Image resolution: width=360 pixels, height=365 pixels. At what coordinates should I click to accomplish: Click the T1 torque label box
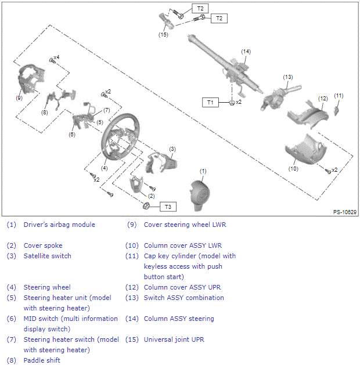pos(210,102)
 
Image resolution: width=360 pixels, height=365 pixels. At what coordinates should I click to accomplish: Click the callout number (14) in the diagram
pos(246,52)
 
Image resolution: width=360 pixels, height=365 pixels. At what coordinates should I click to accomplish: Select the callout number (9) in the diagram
pos(19,98)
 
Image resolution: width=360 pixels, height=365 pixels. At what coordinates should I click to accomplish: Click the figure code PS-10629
pos(345,213)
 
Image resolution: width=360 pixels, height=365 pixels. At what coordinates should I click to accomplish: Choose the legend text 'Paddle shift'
pos(42,360)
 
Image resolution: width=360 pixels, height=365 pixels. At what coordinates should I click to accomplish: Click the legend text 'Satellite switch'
pos(47,256)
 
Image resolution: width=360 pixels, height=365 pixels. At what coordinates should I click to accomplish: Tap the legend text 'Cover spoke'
pos(42,245)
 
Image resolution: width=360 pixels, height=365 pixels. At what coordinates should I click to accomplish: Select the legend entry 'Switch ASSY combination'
pos(183,298)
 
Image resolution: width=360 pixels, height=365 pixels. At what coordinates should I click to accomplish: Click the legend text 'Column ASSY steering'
pos(179,319)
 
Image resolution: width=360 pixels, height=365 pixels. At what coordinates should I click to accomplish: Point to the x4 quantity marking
pos(56,57)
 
